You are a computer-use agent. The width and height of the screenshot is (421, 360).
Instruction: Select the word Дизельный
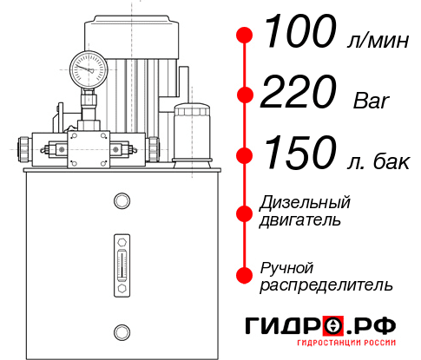click(306, 204)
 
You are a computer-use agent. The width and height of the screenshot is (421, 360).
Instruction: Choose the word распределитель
click(326, 285)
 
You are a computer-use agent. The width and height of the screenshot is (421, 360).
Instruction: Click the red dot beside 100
click(245, 36)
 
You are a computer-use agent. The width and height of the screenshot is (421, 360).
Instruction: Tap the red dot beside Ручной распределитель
click(245, 275)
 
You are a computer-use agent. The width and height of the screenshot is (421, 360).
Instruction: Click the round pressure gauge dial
click(89, 69)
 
